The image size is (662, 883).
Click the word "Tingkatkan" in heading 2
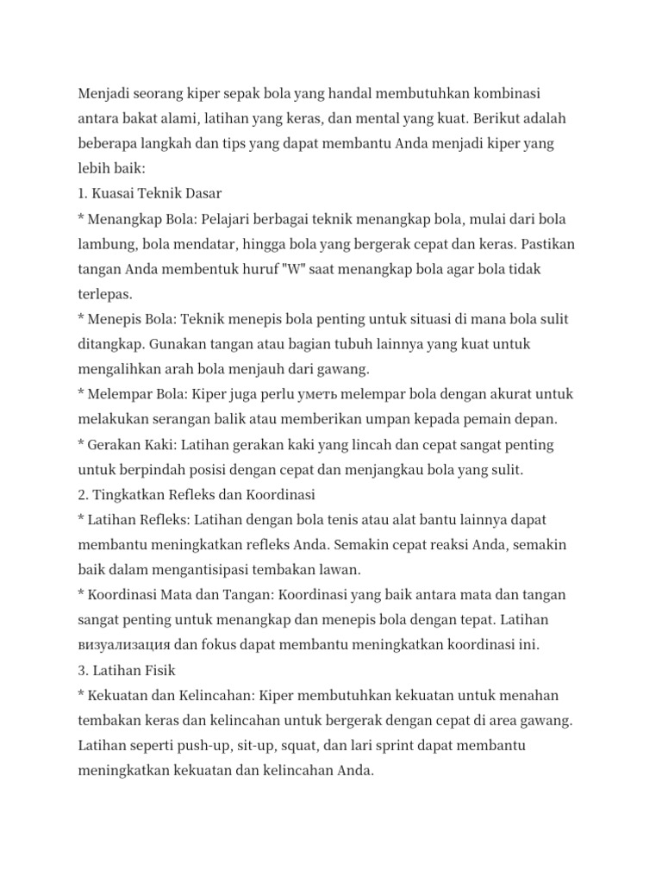click(x=130, y=496)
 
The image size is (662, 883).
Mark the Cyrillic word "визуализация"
click(x=124, y=646)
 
